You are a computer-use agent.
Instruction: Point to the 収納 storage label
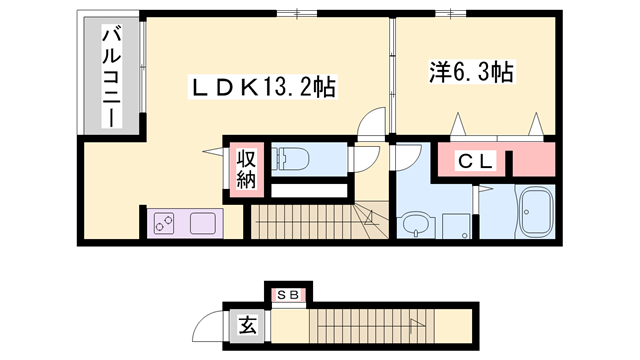(246, 168)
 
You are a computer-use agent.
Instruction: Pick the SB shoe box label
(288, 295)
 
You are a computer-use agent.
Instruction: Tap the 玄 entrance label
(246, 324)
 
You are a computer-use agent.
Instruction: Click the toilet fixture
(291, 156)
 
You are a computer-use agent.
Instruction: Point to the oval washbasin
(411, 226)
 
